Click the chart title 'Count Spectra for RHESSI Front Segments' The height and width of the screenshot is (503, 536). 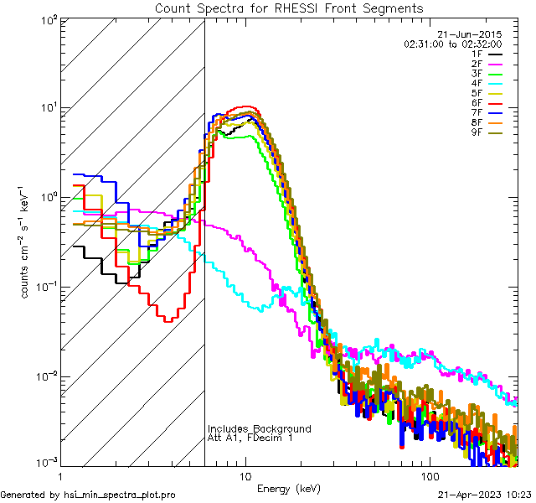(x=290, y=8)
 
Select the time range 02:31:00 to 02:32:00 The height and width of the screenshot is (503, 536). (x=452, y=44)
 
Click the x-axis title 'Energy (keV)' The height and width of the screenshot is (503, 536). (x=288, y=488)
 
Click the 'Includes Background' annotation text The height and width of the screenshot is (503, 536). (x=260, y=428)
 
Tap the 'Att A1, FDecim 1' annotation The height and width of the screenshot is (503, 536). (x=250, y=438)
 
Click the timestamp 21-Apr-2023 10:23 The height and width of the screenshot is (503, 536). (x=485, y=495)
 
